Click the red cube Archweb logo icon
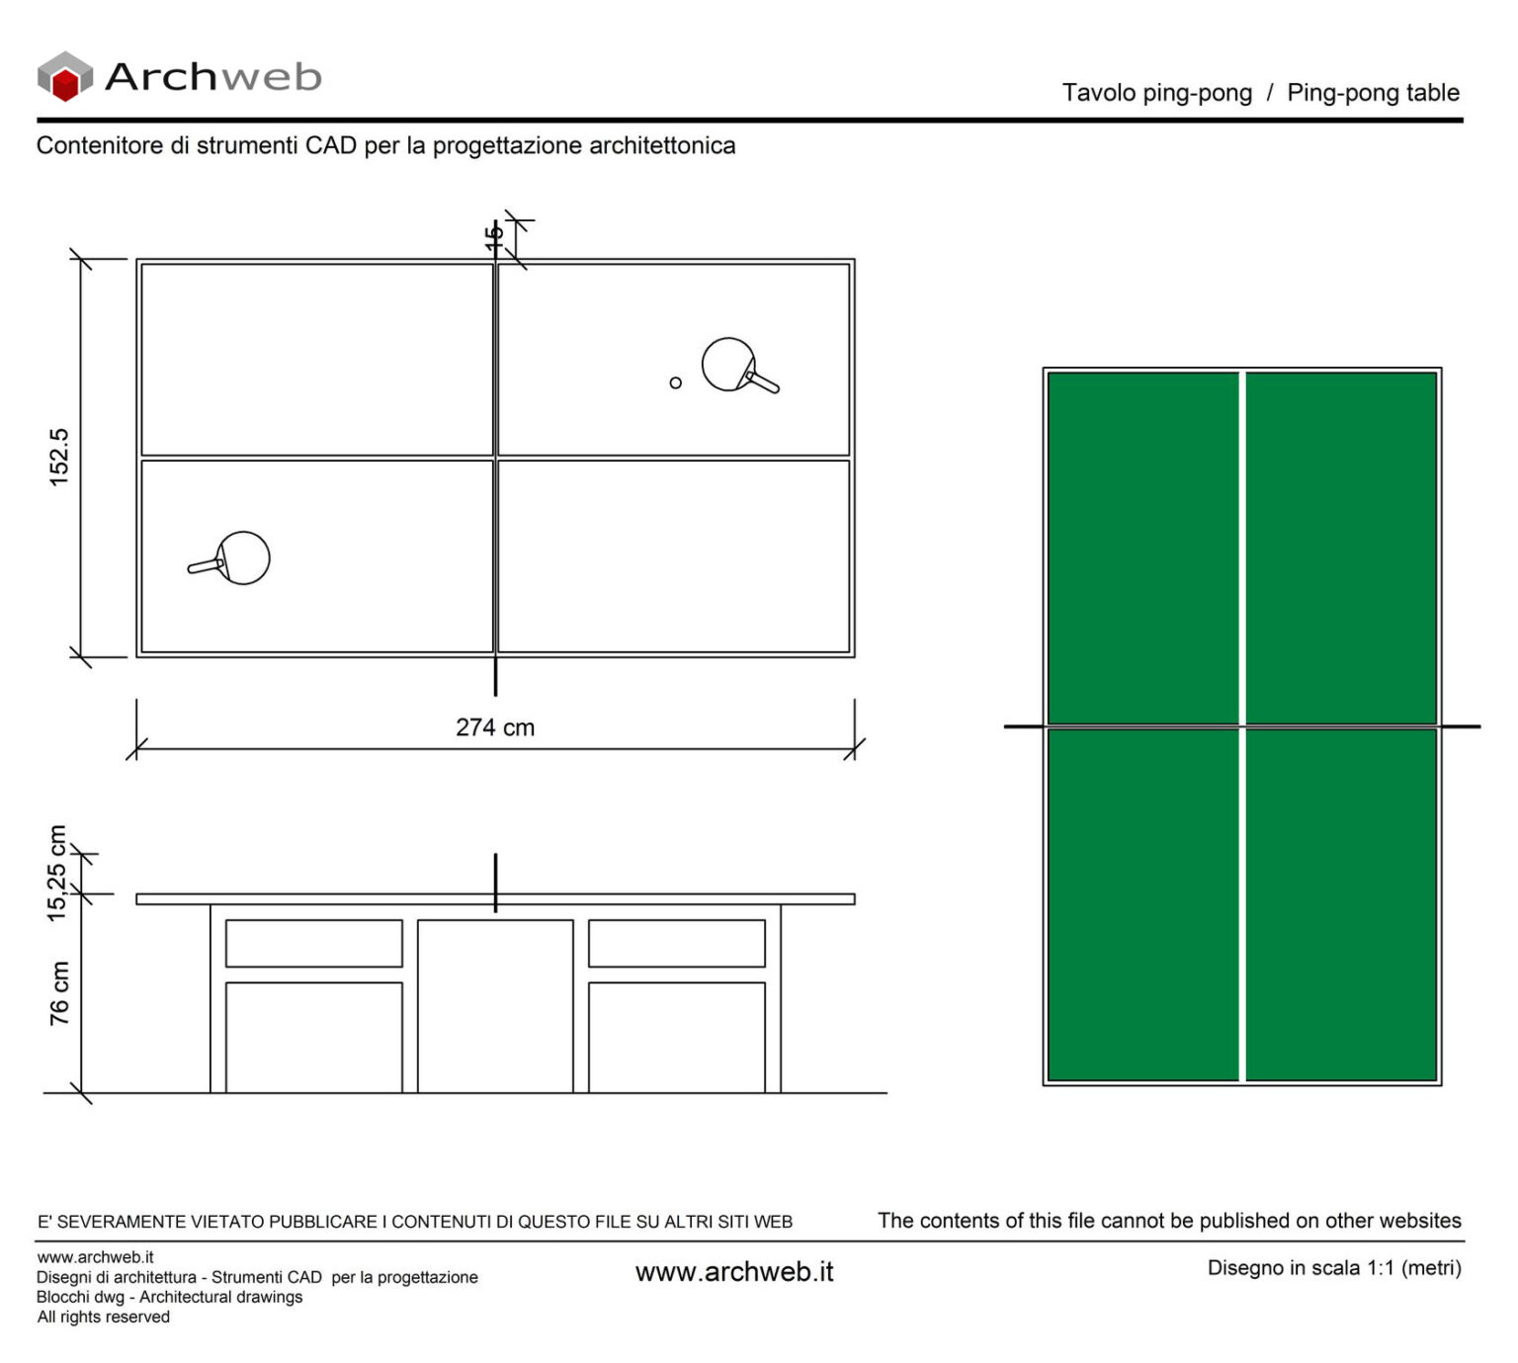pyautogui.click(x=64, y=77)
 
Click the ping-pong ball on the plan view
pyautogui.click(x=675, y=383)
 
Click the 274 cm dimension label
pyautogui.click(x=495, y=727)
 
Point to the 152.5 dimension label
pyautogui.click(x=59, y=457)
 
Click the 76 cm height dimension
pyautogui.click(x=59, y=992)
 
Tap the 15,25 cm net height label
pyautogui.click(x=57, y=874)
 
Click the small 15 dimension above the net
pyautogui.click(x=494, y=237)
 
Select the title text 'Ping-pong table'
pyautogui.click(x=1373, y=93)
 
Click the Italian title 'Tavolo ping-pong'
pyautogui.click(x=1156, y=93)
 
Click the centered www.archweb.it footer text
pyautogui.click(x=734, y=1272)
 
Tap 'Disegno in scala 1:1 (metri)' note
pyautogui.click(x=1334, y=1268)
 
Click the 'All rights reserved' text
pyautogui.click(x=104, y=1318)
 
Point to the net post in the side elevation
pyautogui.click(x=495, y=882)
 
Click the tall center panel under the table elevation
pyautogui.click(x=495, y=1006)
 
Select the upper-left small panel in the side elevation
pyautogui.click(x=313, y=943)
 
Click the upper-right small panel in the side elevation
pyautogui.click(x=677, y=943)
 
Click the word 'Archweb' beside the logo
pyautogui.click(x=212, y=77)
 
